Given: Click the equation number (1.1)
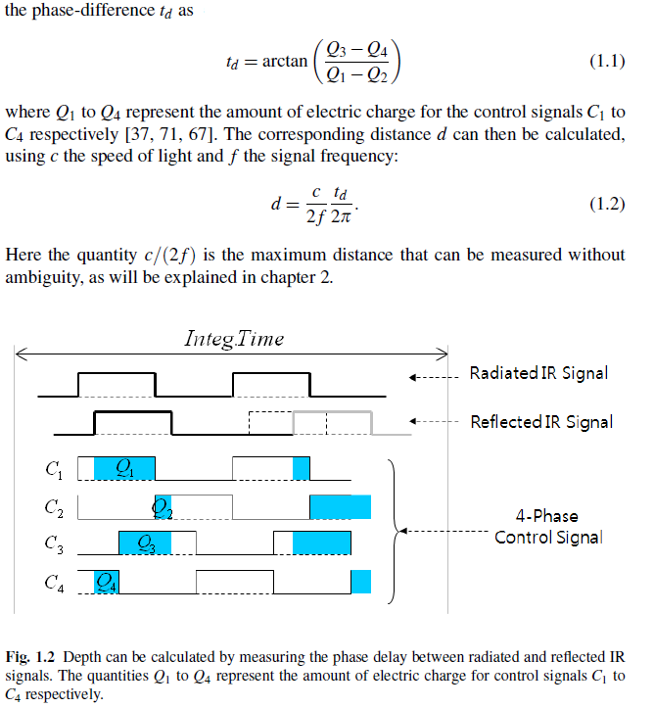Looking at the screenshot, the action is point(607,61).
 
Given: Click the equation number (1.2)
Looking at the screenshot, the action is point(607,204).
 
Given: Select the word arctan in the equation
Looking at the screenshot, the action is point(284,61).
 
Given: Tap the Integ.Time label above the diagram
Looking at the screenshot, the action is point(234,339).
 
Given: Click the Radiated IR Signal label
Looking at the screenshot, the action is point(538,373).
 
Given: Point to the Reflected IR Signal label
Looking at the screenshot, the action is point(541,422).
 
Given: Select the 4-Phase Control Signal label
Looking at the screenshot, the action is point(548,527).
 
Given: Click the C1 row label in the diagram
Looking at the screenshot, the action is point(54,470).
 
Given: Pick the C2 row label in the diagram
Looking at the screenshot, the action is point(54,508).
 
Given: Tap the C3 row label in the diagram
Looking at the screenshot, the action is point(54,544).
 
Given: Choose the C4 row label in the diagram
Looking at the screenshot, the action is point(54,583).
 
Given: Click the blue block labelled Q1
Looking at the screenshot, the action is point(124,469).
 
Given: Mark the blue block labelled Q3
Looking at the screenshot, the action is point(145,543).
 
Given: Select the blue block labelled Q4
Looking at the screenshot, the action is point(107,582).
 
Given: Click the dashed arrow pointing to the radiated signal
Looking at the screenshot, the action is point(434,377).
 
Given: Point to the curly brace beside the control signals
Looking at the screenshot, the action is point(394,531).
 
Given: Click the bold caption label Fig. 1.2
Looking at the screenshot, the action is point(29,657).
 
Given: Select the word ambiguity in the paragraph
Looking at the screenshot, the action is point(45,278).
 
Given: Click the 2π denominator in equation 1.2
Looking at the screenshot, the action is point(341,217).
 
